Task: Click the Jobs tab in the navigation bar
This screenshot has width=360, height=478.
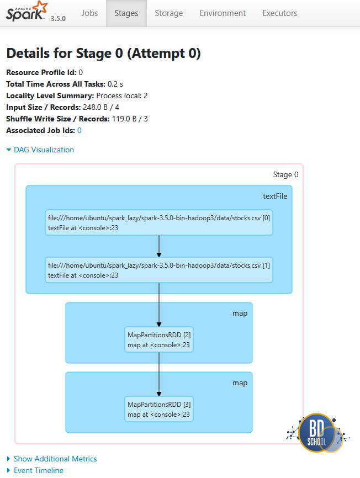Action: pyautogui.click(x=89, y=13)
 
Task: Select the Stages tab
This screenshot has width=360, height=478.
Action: pyautogui.click(x=126, y=13)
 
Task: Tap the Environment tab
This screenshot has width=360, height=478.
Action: pyautogui.click(x=223, y=13)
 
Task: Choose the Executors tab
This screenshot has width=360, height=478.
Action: pyautogui.click(x=279, y=13)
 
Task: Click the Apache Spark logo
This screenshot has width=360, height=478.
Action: pyautogui.click(x=27, y=12)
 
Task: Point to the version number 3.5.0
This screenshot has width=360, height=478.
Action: pyautogui.click(x=58, y=18)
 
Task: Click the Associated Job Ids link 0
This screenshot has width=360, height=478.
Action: pyautogui.click(x=79, y=130)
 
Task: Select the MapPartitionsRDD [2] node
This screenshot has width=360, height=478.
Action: pyautogui.click(x=159, y=340)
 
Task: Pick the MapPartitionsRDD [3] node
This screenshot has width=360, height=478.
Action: pyautogui.click(x=159, y=409)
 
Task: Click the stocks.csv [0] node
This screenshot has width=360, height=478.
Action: pyautogui.click(x=159, y=223)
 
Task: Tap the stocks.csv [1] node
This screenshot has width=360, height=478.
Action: pyautogui.click(x=159, y=270)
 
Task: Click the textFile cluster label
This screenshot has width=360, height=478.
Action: pyautogui.click(x=274, y=196)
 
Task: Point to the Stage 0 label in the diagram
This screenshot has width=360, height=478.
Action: pyautogui.click(x=285, y=174)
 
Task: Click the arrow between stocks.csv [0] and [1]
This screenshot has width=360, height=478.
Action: pyautogui.click(x=159, y=246)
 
